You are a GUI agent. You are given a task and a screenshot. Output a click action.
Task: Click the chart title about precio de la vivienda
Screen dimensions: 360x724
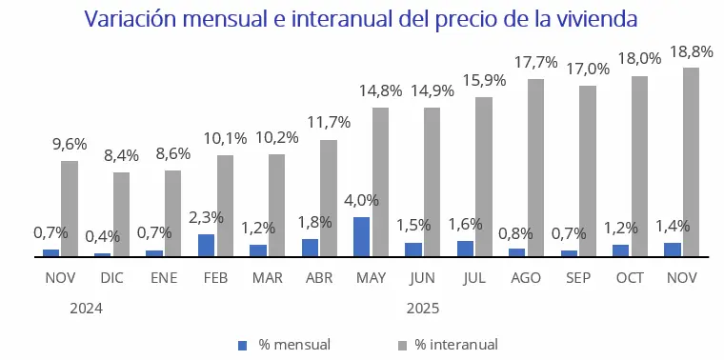(x=361, y=19)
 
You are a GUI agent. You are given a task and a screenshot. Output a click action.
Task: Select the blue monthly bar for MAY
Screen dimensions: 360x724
(x=362, y=237)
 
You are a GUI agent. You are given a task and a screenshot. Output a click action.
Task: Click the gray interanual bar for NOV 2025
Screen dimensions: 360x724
(x=692, y=162)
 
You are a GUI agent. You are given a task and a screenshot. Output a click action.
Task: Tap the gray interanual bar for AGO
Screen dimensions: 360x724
(x=536, y=168)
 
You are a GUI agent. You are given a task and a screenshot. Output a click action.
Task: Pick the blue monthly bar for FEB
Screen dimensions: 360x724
(x=206, y=246)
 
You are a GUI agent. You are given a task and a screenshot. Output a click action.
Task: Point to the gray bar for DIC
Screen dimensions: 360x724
(x=121, y=214)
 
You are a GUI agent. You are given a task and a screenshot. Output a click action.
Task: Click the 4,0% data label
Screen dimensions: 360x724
(x=361, y=201)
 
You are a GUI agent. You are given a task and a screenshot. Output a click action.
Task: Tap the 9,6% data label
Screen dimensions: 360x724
(x=69, y=145)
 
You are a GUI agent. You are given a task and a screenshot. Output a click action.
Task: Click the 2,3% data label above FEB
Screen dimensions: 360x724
(x=206, y=218)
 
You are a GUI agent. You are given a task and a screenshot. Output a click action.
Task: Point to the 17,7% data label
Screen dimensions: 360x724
(x=536, y=63)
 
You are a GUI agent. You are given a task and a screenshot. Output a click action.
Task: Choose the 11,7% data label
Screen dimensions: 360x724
(x=329, y=123)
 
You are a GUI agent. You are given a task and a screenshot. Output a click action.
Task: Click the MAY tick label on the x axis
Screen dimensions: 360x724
(x=371, y=278)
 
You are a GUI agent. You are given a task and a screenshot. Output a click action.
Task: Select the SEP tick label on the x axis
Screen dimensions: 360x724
(x=578, y=278)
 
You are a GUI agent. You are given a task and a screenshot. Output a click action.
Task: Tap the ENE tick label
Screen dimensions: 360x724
(x=163, y=278)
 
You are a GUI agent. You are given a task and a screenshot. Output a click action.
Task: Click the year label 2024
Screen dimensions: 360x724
(x=86, y=309)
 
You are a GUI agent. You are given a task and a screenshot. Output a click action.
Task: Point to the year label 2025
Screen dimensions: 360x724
(x=423, y=309)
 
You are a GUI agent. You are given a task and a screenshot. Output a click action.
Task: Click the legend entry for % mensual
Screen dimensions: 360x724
(x=286, y=345)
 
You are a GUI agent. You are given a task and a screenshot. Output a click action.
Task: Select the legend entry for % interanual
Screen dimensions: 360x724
(x=447, y=345)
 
